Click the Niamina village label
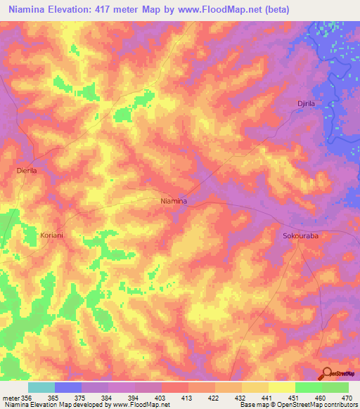click(x=174, y=201)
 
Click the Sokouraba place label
click(x=300, y=236)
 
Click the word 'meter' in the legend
click(x=10, y=398)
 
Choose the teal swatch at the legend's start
click(x=41, y=387)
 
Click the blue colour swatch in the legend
click(x=67, y=387)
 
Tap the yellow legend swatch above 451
click(x=281, y=387)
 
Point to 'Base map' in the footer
click(x=255, y=405)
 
